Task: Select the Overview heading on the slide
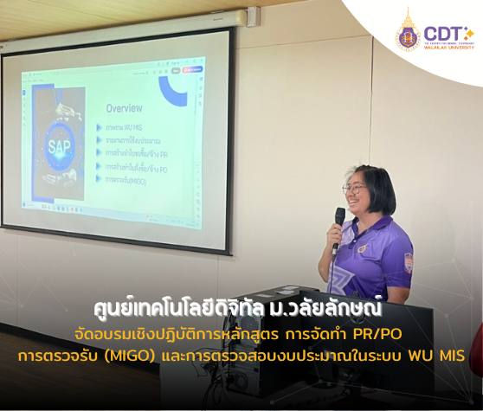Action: [x=124, y=109]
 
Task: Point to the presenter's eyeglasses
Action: [x=355, y=187]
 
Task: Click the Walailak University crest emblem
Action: [x=407, y=31]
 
